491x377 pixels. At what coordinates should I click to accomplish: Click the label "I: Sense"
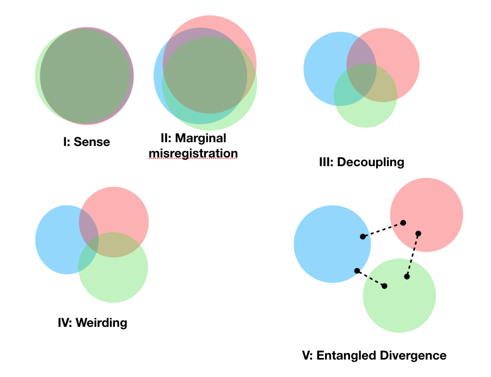pyautogui.click(x=86, y=142)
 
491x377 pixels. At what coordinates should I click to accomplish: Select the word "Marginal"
pyautogui.click(x=201, y=138)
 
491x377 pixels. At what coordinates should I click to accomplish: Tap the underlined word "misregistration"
pyautogui.click(x=193, y=154)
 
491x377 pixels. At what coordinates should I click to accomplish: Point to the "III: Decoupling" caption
pyautogui.click(x=361, y=162)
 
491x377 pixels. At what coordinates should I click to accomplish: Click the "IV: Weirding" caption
pyautogui.click(x=92, y=323)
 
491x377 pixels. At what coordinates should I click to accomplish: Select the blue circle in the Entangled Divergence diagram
pyautogui.click(x=324, y=245)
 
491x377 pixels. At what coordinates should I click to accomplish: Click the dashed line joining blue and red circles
pyautogui.click(x=383, y=229)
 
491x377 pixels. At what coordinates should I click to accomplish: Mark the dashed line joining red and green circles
pyautogui.click(x=413, y=255)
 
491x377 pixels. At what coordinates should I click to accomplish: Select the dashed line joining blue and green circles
pyautogui.click(x=371, y=278)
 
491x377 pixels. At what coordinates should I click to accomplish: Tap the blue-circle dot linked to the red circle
pyautogui.click(x=363, y=236)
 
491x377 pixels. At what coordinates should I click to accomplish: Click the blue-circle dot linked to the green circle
pyautogui.click(x=357, y=271)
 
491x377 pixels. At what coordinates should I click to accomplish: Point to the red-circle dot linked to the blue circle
pyautogui.click(x=403, y=222)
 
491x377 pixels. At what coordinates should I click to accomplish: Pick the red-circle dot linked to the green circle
pyautogui.click(x=418, y=234)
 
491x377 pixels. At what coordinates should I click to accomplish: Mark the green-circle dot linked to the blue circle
pyautogui.click(x=385, y=286)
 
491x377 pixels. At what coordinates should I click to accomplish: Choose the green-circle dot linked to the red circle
pyautogui.click(x=407, y=277)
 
